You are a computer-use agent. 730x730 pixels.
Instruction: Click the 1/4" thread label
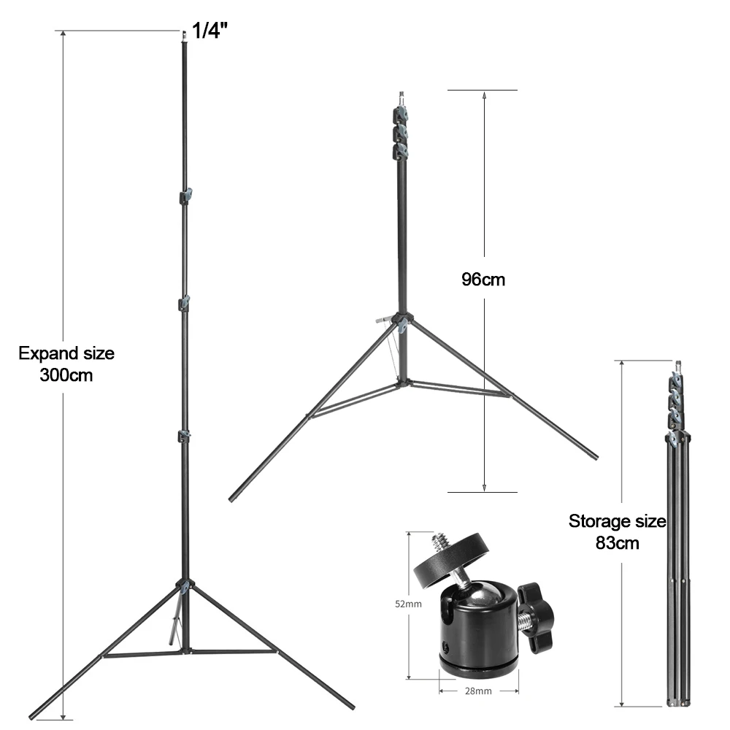click(210, 31)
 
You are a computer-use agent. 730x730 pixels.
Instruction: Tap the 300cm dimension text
click(66, 375)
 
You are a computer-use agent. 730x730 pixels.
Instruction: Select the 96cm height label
click(483, 280)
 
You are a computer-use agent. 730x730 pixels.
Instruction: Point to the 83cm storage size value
click(618, 543)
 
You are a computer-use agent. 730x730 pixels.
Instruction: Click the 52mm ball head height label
click(408, 604)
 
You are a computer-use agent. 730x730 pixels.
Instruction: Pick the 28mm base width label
click(478, 691)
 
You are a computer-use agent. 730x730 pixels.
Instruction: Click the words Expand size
click(66, 353)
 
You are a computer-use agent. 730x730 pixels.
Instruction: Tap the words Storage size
click(618, 521)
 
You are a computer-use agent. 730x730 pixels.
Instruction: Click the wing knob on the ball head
click(537, 618)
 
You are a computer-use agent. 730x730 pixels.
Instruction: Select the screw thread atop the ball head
click(439, 541)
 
